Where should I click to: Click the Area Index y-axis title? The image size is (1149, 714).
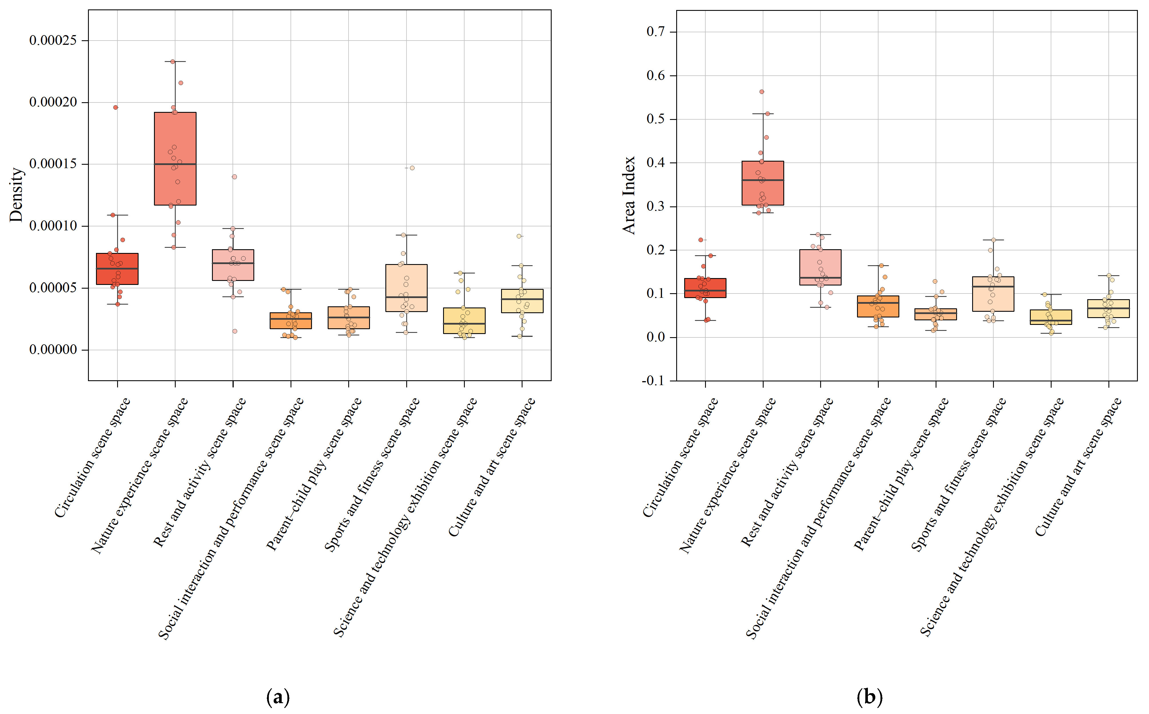(629, 195)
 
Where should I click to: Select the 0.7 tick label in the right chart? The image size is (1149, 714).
(655, 32)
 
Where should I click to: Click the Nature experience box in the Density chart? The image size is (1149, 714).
(175, 142)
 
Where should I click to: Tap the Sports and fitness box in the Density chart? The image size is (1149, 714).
(406, 283)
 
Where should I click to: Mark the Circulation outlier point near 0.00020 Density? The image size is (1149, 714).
(115, 107)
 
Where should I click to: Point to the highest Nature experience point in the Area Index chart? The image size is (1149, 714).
(762, 92)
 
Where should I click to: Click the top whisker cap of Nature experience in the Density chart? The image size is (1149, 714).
(175, 61)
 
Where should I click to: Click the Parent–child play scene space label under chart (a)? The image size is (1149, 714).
(314, 474)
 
